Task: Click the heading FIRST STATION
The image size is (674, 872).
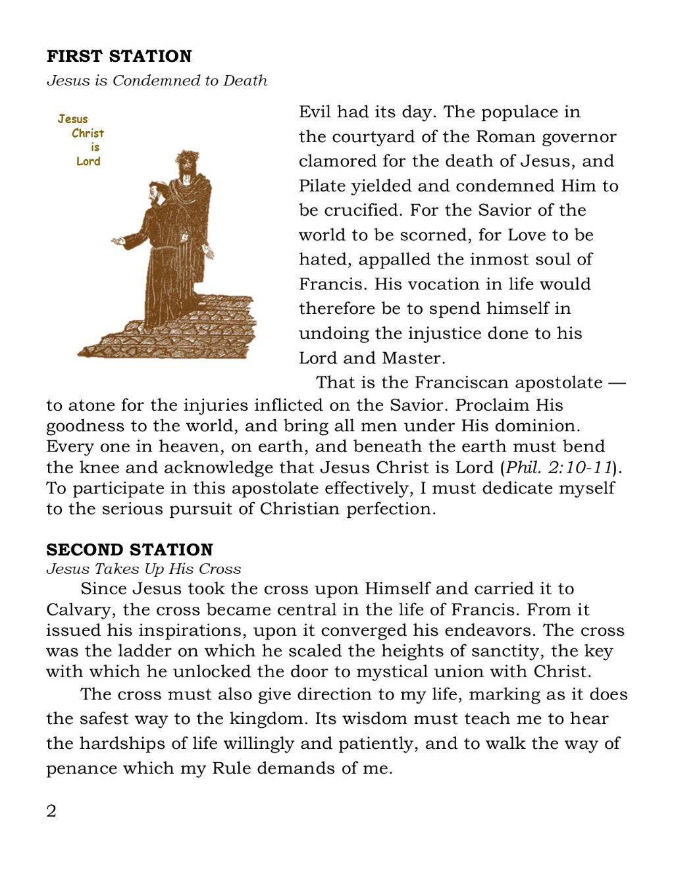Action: click(119, 57)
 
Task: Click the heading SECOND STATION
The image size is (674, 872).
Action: click(130, 550)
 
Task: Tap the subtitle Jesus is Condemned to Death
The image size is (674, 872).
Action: click(157, 80)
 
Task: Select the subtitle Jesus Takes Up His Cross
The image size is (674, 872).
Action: click(143, 569)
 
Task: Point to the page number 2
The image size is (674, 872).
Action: click(51, 811)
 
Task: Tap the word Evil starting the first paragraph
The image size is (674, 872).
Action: click(314, 112)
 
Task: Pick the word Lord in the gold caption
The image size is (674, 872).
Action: click(88, 161)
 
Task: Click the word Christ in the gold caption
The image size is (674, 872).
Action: click(88, 133)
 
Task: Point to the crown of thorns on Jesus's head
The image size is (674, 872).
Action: click(187, 158)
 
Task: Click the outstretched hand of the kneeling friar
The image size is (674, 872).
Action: click(118, 241)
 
